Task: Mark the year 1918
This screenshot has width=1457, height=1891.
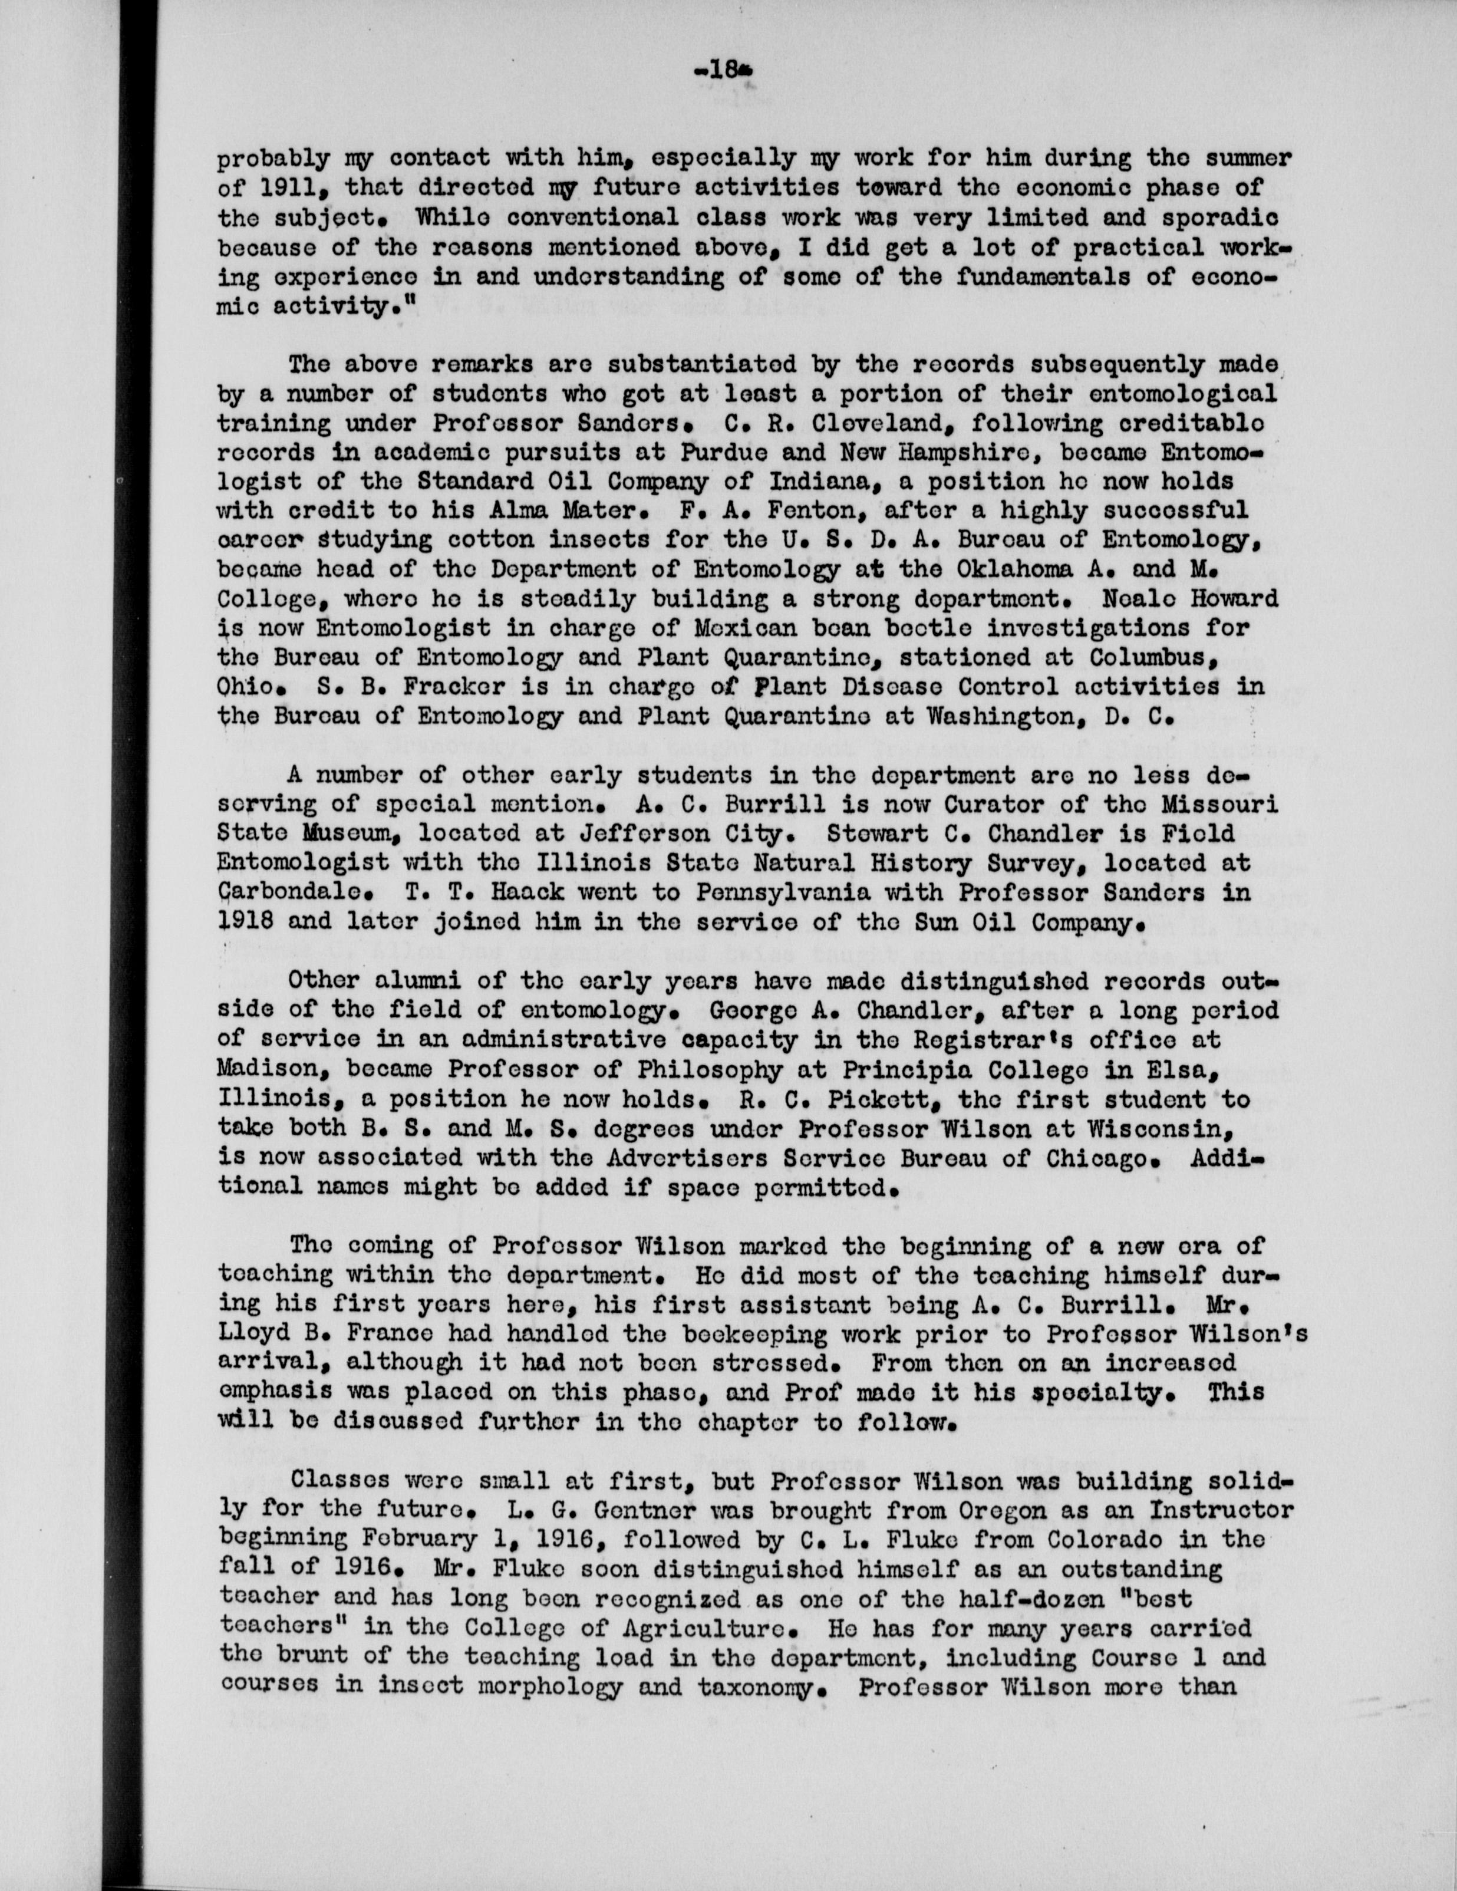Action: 244,921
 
